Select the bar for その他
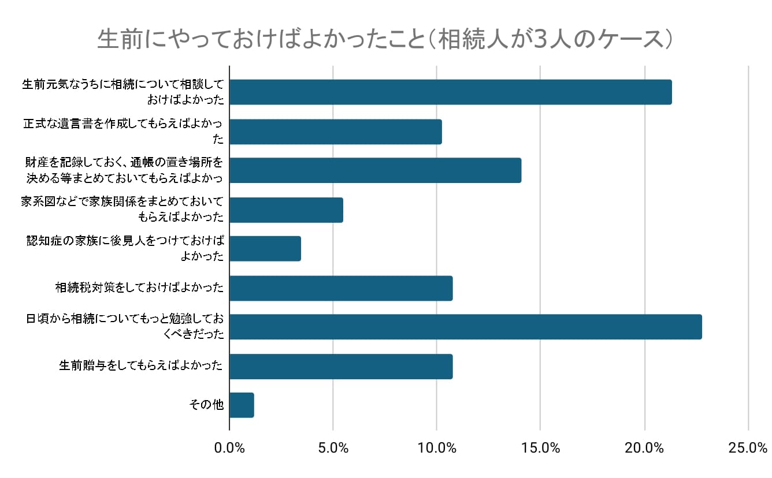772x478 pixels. click(242, 405)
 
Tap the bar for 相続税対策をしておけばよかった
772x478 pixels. click(341, 288)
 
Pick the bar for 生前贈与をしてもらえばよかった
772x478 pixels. click(341, 366)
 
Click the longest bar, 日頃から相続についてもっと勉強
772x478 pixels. click(466, 327)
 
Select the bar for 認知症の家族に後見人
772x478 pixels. click(265, 249)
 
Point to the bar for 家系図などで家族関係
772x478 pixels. click(286, 210)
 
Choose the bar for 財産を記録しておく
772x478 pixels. click(376, 170)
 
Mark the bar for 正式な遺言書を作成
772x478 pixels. click(336, 132)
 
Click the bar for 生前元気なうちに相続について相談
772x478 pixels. click(451, 92)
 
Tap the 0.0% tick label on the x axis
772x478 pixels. click(229, 448)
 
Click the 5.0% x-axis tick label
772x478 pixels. click(333, 448)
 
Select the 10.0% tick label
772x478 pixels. click(436, 448)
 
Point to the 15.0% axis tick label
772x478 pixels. click(540, 448)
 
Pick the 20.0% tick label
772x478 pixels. click(644, 448)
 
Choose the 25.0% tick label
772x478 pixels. click(748, 448)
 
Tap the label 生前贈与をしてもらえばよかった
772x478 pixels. click(141, 366)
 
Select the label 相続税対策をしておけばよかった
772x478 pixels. click(139, 288)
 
